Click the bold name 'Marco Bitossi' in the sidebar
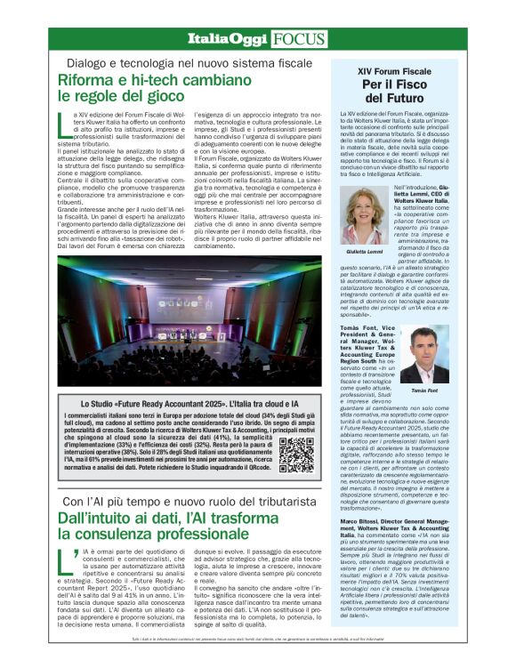361,521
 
